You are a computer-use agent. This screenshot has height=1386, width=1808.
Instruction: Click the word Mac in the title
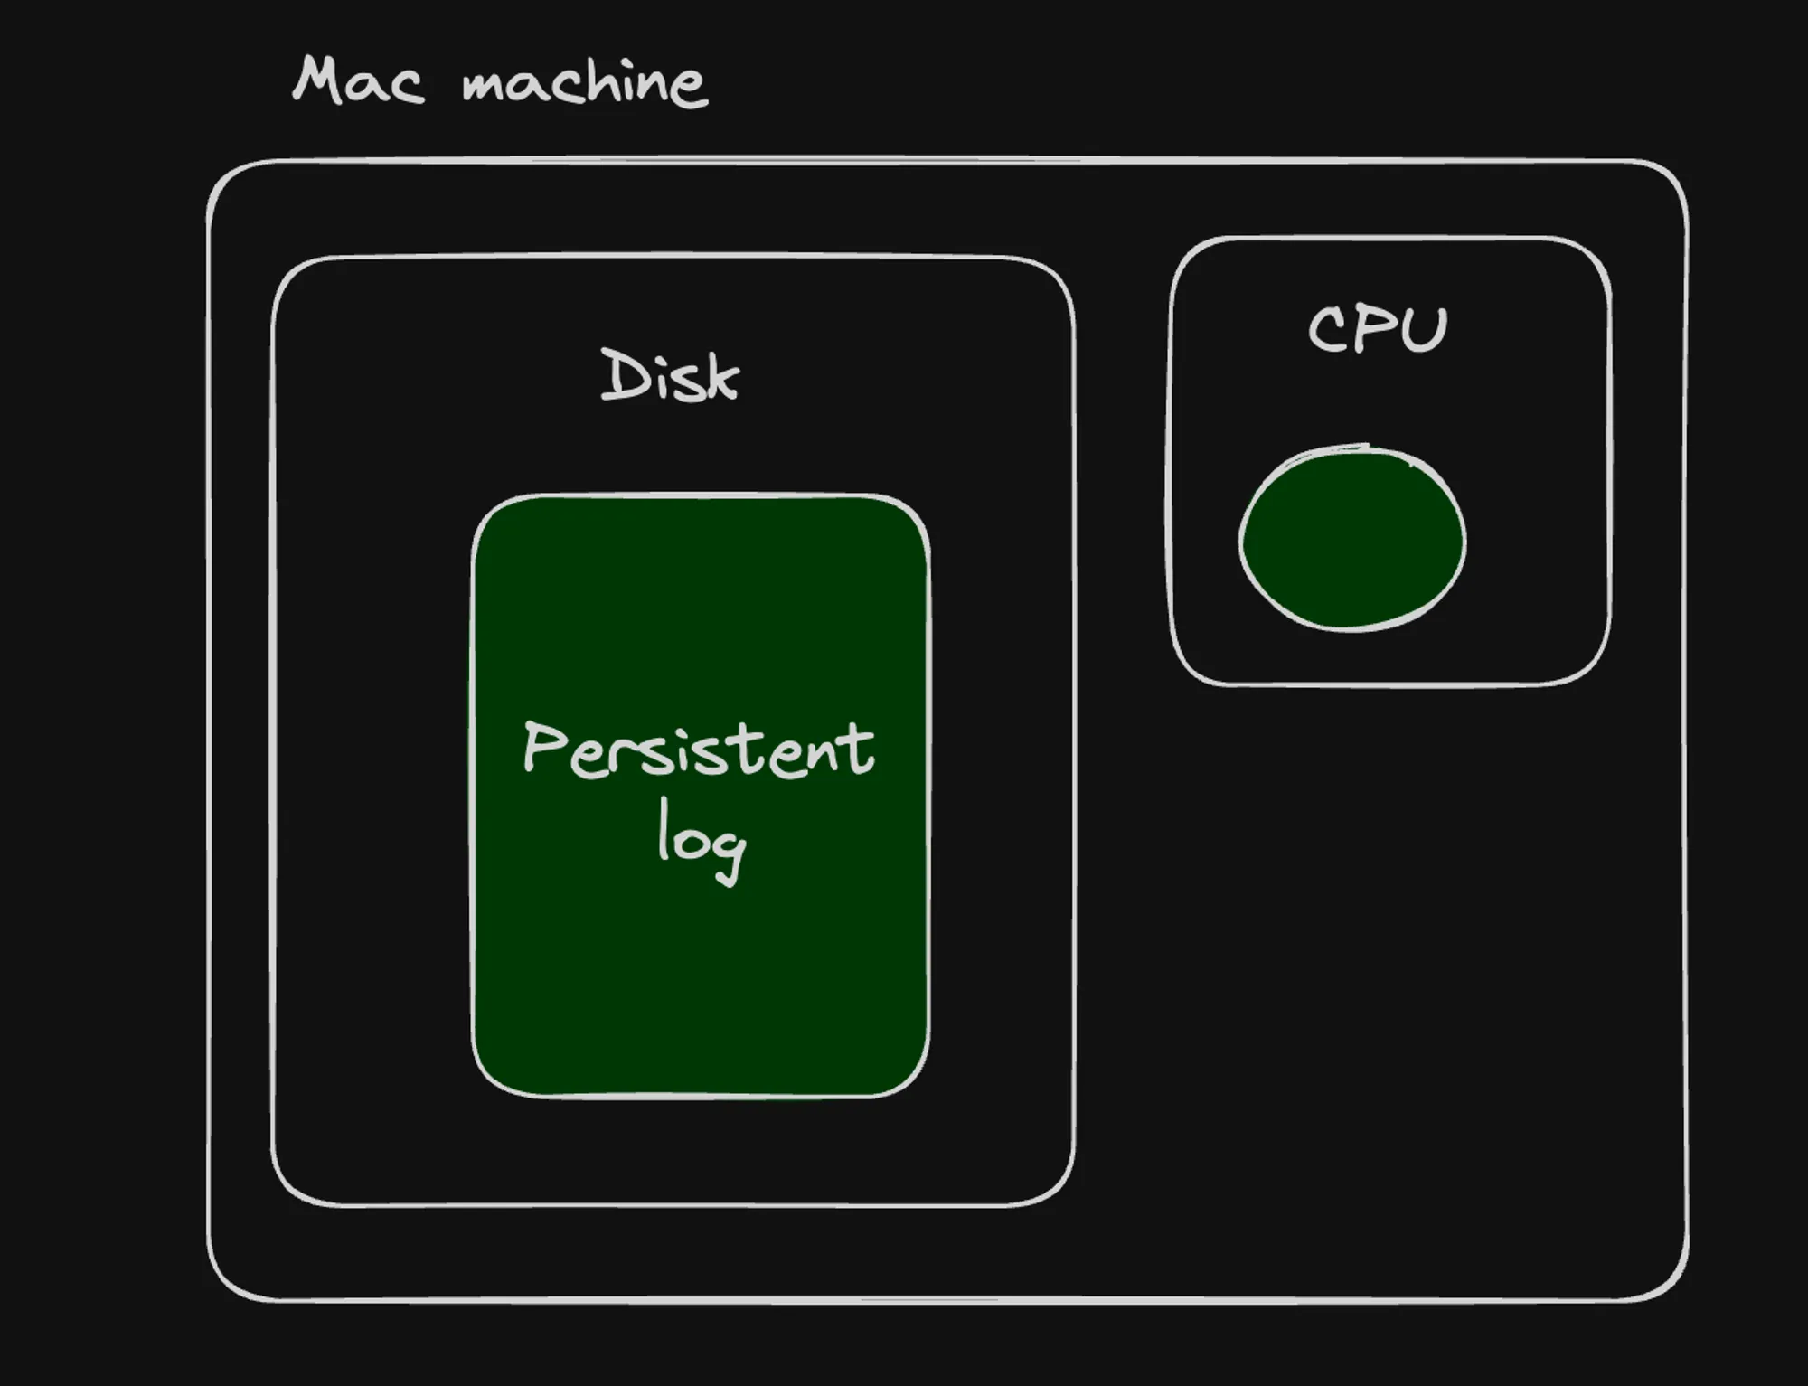click(358, 81)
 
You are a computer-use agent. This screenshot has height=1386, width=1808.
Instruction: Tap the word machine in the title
click(584, 83)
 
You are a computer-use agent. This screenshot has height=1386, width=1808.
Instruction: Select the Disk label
click(670, 375)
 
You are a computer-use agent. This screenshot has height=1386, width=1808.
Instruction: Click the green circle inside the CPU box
click(1352, 540)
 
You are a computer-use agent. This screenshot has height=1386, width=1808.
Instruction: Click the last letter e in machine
click(689, 89)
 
